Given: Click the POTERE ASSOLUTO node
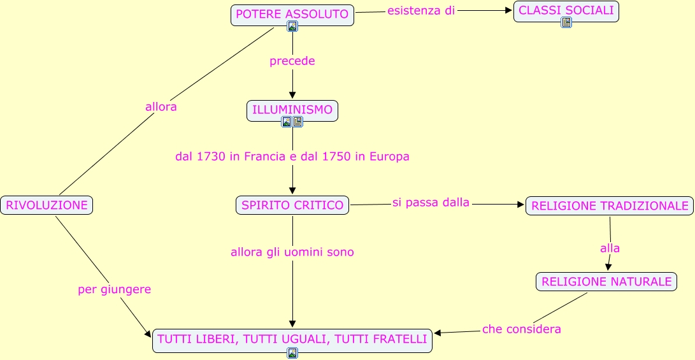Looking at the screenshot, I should click(x=292, y=14).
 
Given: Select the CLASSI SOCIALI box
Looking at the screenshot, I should click(x=566, y=10).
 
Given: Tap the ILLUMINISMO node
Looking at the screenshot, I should click(x=292, y=110).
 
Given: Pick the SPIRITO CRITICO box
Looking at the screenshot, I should click(x=292, y=205).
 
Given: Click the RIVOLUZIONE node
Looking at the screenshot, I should click(x=47, y=205).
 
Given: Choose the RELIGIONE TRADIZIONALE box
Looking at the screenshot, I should click(x=610, y=206).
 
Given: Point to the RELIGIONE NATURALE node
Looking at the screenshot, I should click(x=606, y=281).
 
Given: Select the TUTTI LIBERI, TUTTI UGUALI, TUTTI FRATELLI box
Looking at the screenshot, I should click(x=292, y=339).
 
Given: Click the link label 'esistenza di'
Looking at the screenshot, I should click(x=421, y=11).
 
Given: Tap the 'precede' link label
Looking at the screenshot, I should click(x=292, y=61).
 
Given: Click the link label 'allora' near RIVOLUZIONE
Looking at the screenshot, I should click(x=161, y=107).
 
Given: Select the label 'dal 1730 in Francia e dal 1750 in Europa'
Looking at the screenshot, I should click(x=292, y=156).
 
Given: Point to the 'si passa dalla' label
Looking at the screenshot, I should click(x=431, y=203).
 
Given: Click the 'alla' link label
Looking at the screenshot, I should click(x=610, y=248).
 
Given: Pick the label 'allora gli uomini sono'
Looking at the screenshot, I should click(x=292, y=252).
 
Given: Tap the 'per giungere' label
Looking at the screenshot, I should click(x=115, y=289).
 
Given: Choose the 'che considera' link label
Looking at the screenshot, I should click(x=522, y=329).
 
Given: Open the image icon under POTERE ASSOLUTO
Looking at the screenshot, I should click(x=292, y=26).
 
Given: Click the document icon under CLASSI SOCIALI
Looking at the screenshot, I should click(x=566, y=22).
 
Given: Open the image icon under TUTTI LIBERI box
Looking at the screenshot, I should click(x=292, y=353).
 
